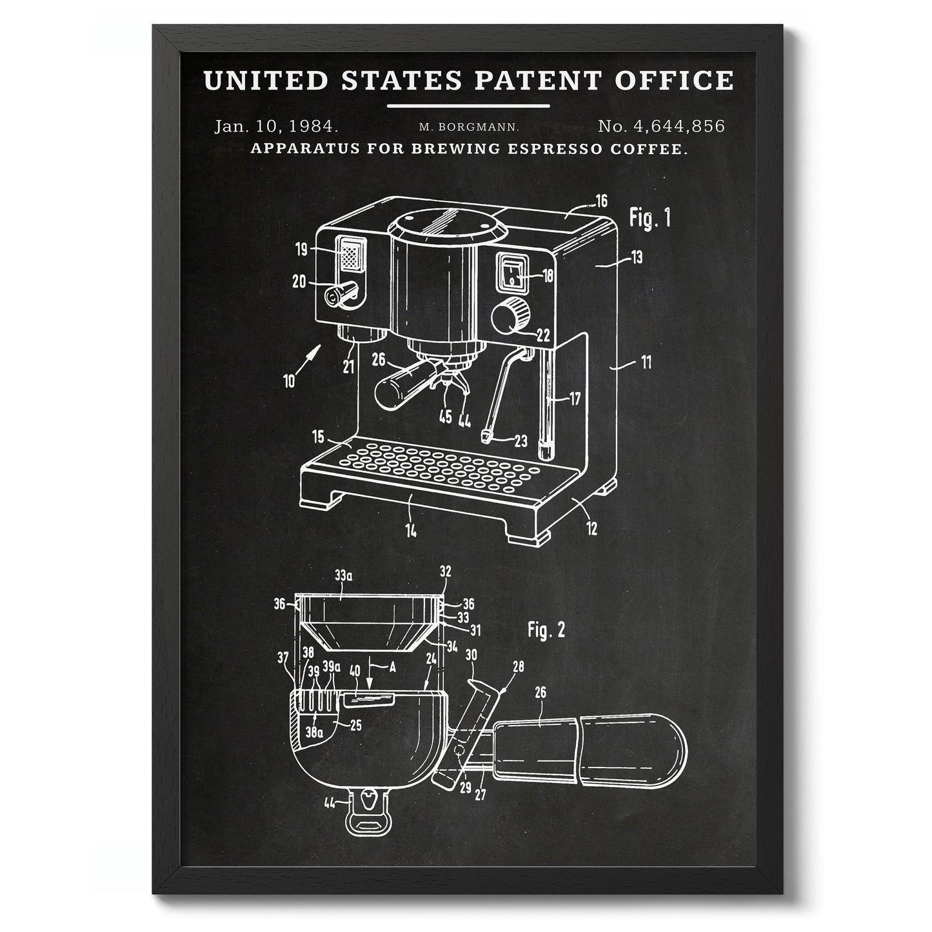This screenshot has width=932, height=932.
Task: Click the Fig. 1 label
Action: pyautogui.click(x=649, y=218)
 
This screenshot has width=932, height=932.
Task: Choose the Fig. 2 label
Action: pyautogui.click(x=546, y=630)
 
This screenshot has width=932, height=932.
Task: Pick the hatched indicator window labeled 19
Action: pyautogui.click(x=349, y=255)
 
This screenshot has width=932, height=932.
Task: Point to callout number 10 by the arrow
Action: pyautogui.click(x=288, y=381)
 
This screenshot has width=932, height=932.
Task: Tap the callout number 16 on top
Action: pyautogui.click(x=600, y=201)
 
